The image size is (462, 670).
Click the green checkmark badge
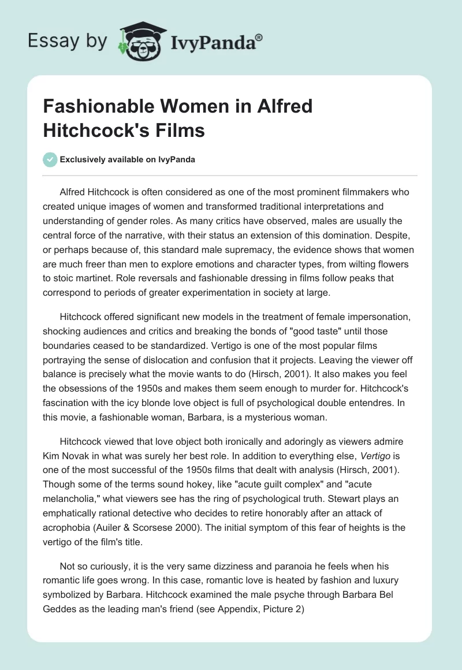coord(50,159)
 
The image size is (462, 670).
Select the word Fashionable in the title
coord(92,106)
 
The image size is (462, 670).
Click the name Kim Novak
coord(69,445)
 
